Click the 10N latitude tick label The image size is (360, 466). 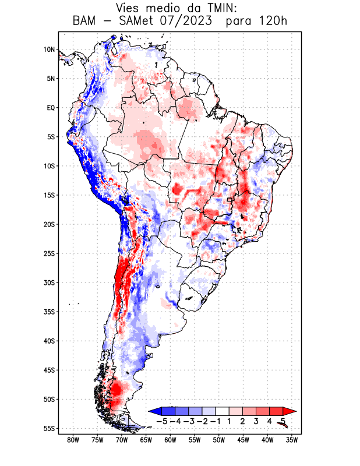[x=49, y=50]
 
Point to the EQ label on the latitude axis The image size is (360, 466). [x=50, y=108]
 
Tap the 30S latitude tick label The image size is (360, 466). [x=49, y=283]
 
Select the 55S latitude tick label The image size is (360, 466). [x=49, y=428]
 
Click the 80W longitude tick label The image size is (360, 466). [x=73, y=440]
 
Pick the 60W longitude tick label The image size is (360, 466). [x=171, y=440]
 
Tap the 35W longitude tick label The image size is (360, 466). [x=292, y=440]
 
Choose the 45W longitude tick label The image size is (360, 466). [x=243, y=440]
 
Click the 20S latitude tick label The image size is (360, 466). [x=49, y=224]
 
